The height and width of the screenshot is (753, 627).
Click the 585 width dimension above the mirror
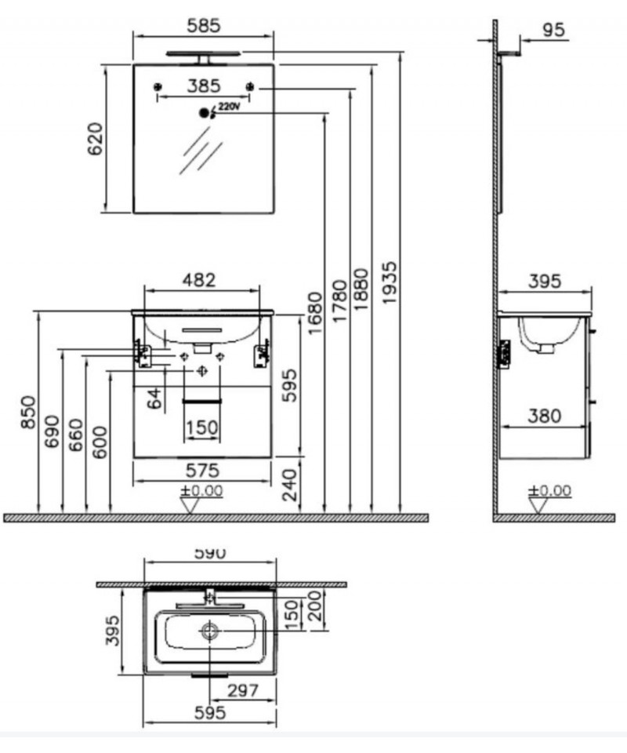point(204,25)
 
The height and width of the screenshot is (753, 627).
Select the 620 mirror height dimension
point(95,140)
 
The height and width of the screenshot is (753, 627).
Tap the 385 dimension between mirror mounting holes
point(204,86)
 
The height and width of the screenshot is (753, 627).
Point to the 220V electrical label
point(228,107)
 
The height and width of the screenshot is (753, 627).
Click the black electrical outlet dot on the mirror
point(205,113)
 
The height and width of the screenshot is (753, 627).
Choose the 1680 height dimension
point(315,313)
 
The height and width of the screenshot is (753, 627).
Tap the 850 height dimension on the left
point(28,412)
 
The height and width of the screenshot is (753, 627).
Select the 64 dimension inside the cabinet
point(154,398)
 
